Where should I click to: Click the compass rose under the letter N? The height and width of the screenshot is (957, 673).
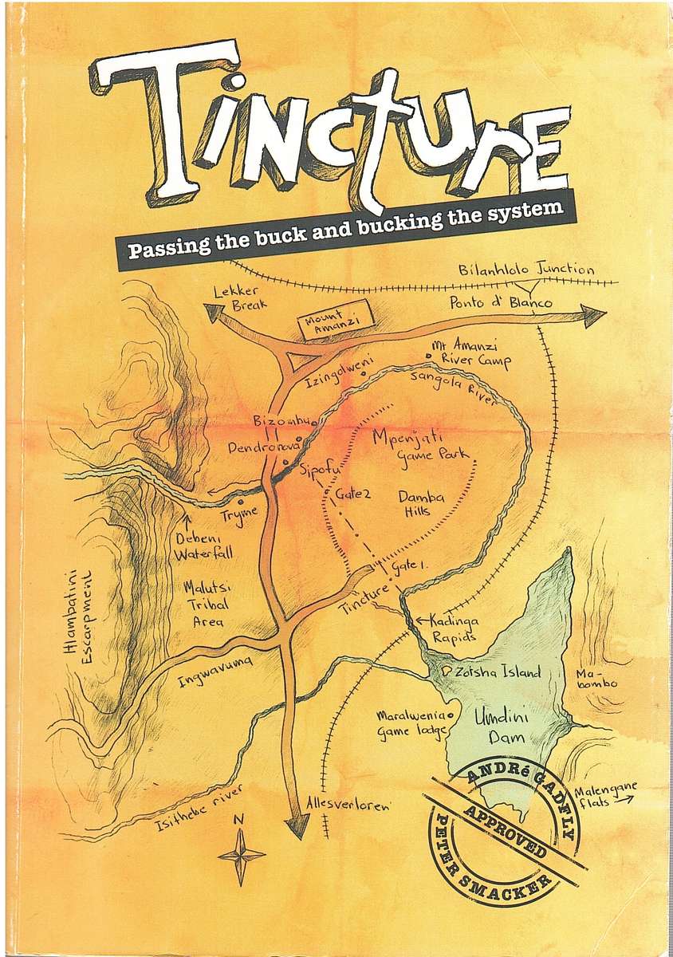pos(241,854)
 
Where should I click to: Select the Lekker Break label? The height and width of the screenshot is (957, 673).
pos(240,298)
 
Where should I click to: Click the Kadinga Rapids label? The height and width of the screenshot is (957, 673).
pos(453,628)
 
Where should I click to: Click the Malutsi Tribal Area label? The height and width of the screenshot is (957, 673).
pos(206,604)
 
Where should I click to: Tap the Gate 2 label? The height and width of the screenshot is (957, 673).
pos(353,494)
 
